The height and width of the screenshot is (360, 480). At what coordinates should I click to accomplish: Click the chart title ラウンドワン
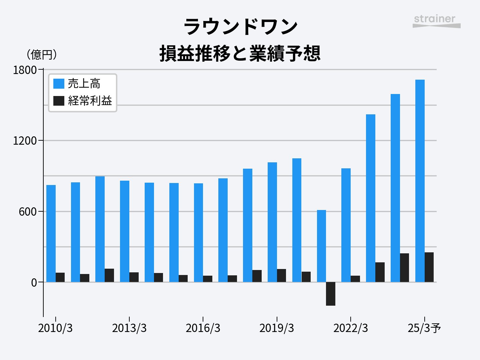pyautogui.click(x=240, y=27)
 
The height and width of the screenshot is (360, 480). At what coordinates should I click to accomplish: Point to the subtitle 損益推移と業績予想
pyautogui.click(x=240, y=53)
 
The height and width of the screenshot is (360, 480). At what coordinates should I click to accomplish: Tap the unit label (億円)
pyautogui.click(x=42, y=54)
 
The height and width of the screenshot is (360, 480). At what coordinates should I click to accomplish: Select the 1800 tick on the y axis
pyautogui.click(x=24, y=70)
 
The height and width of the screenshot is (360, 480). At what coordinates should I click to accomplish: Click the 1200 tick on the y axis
pyautogui.click(x=24, y=141)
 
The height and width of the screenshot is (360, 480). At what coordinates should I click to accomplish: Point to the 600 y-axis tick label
pyautogui.click(x=27, y=212)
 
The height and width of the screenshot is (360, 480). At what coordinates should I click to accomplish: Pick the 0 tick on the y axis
pyautogui.click(x=34, y=283)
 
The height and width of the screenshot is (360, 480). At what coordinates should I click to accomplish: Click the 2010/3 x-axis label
pyautogui.click(x=55, y=328)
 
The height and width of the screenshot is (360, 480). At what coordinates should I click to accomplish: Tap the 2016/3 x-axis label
pyautogui.click(x=203, y=328)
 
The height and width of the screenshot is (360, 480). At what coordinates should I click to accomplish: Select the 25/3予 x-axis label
pyautogui.click(x=424, y=328)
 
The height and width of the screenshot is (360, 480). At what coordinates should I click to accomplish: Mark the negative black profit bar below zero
pyautogui.click(x=331, y=294)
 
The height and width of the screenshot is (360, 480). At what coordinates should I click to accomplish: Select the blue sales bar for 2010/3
pyautogui.click(x=51, y=233)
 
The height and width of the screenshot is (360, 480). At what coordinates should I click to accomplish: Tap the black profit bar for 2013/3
pyautogui.click(x=134, y=277)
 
